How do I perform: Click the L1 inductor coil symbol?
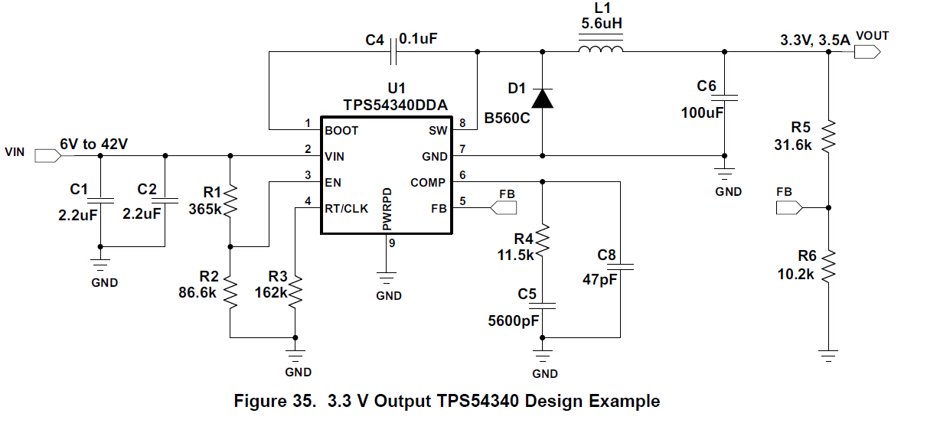click(600, 50)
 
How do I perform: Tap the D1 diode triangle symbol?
click(543, 98)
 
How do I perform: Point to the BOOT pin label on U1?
click(341, 131)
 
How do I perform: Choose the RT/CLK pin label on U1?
click(347, 207)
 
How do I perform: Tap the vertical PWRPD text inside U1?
click(387, 208)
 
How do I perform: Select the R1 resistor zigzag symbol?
click(231, 201)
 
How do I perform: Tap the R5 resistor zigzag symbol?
click(829, 136)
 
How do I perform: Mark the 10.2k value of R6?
click(795, 273)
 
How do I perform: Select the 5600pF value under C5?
click(514, 321)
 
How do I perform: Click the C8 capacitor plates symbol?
click(619, 267)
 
